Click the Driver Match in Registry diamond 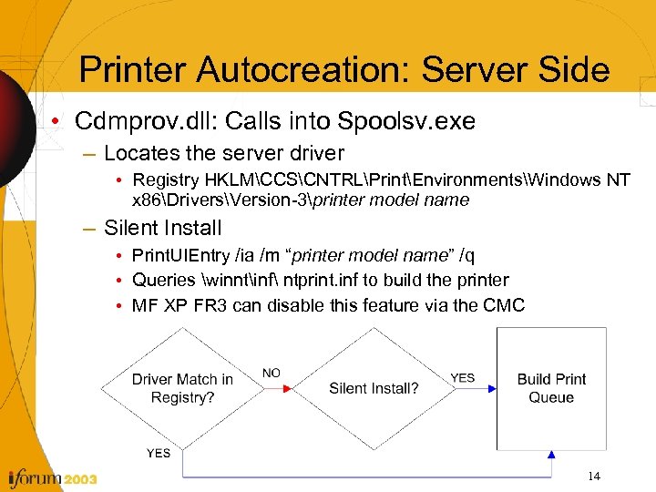click(x=182, y=388)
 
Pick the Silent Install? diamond click(x=374, y=388)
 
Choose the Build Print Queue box click(x=551, y=388)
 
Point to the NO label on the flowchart click(x=272, y=373)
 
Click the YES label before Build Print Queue click(x=462, y=377)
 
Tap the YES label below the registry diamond click(x=158, y=453)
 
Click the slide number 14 click(x=594, y=476)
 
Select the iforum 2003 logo click(x=50, y=477)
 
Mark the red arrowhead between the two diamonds click(x=287, y=388)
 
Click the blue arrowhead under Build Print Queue click(x=551, y=454)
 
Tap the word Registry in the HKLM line click(x=166, y=180)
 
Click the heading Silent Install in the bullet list click(x=162, y=228)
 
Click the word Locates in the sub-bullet click(x=137, y=153)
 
